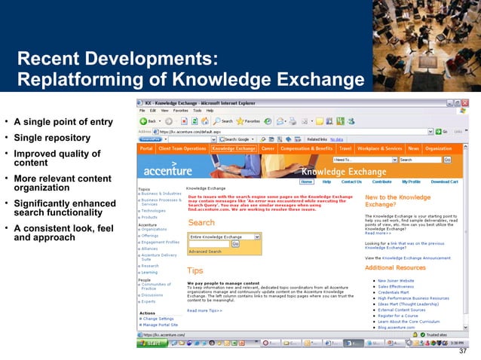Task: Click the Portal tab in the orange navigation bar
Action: pyautogui.click(x=146, y=149)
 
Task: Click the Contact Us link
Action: pyautogui.click(x=351, y=182)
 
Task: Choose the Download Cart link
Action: pyautogui.click(x=444, y=182)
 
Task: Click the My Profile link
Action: pyautogui.click(x=411, y=182)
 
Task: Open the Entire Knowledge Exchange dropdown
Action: pyautogui.click(x=224, y=236)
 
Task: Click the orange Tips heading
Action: pyautogui.click(x=195, y=270)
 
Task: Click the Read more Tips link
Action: pyautogui.click(x=204, y=310)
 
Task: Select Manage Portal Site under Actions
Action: pyautogui.click(x=160, y=325)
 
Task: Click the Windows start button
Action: pyautogui.click(x=152, y=343)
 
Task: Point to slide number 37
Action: pyautogui.click(x=463, y=352)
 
